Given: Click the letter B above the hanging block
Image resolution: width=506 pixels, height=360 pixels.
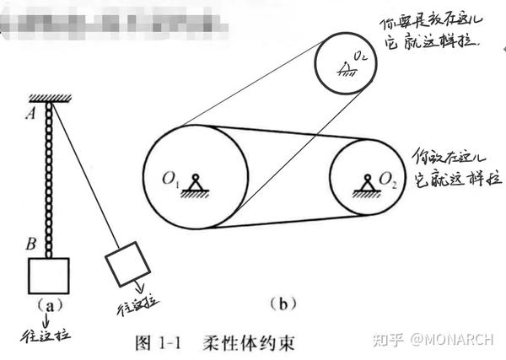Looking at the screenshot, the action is (x=31, y=245).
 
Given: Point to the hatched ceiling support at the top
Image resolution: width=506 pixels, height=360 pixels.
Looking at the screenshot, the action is (x=51, y=99).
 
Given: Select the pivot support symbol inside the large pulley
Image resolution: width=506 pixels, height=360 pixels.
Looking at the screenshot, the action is (x=197, y=185).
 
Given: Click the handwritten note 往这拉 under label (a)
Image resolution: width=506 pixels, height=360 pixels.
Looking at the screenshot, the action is (x=45, y=335).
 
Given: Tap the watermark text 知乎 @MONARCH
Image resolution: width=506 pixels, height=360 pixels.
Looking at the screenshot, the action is (x=437, y=340).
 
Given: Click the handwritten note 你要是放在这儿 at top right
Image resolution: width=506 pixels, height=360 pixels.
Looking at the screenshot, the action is (x=439, y=24).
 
